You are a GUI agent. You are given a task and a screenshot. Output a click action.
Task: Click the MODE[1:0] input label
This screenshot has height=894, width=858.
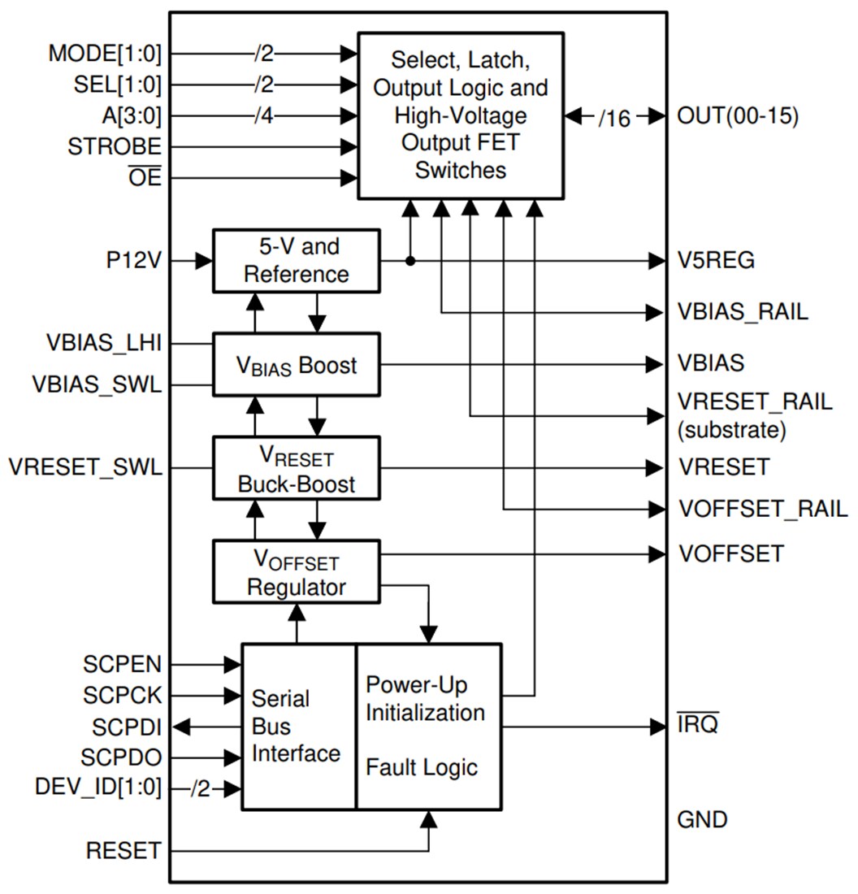(105, 54)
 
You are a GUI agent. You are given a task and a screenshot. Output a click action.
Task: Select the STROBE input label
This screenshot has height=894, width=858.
(115, 147)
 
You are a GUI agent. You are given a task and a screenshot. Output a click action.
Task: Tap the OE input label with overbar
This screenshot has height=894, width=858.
(145, 177)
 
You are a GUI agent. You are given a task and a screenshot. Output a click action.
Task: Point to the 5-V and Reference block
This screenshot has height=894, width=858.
(297, 261)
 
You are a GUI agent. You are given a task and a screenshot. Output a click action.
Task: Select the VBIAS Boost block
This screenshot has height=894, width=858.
(297, 365)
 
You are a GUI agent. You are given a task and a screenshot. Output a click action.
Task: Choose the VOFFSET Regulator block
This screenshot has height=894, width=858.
(297, 572)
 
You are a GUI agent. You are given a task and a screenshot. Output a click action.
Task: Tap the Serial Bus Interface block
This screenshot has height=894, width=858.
(297, 726)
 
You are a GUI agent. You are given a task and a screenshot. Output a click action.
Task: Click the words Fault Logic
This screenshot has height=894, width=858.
(422, 766)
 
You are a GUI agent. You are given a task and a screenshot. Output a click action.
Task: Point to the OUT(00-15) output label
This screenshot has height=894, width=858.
(738, 116)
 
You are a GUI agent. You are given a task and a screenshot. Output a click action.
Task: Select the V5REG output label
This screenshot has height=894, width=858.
(716, 261)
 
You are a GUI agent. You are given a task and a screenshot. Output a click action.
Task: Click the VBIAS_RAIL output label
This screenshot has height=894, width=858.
(743, 312)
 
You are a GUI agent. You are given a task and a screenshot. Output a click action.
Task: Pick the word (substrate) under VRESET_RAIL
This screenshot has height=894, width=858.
(731, 430)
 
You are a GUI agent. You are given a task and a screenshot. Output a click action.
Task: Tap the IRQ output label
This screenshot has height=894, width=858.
(698, 726)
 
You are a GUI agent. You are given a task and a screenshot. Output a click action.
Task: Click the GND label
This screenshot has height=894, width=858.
(702, 819)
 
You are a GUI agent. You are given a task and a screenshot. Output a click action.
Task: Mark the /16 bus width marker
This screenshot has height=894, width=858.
(614, 118)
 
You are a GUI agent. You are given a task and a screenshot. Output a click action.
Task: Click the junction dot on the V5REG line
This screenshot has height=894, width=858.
(410, 261)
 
